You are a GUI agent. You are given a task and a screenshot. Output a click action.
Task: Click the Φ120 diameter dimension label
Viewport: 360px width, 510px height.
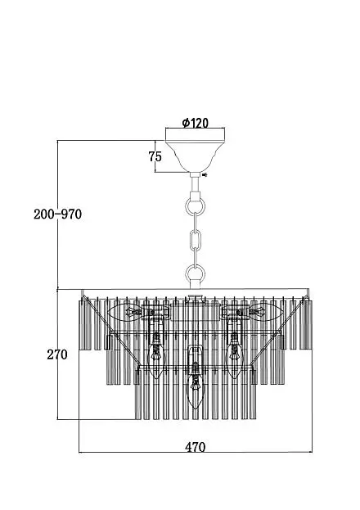pos(195,123)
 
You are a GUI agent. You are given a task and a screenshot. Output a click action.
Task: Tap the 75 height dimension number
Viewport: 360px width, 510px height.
pos(155,157)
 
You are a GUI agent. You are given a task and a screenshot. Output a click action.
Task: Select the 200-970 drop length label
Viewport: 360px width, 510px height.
pos(57,214)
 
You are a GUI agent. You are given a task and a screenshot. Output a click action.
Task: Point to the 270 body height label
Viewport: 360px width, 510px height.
pos(57,354)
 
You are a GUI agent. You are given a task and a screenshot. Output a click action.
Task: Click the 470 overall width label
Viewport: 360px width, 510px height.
pos(195,447)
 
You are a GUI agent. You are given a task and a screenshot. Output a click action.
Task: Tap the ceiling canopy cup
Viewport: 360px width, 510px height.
pos(195,156)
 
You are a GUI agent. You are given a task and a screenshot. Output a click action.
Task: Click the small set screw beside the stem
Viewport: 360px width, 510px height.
pos(205,175)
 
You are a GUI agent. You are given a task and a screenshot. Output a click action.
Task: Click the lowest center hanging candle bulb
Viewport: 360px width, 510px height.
pos(195,386)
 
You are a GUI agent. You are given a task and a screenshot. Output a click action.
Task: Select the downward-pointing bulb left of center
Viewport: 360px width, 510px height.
pos(156,355)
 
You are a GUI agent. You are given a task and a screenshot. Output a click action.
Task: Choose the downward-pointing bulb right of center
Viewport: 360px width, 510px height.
pos(234,355)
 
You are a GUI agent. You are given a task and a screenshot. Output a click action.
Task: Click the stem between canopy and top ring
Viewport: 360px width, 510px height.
pos(195,185)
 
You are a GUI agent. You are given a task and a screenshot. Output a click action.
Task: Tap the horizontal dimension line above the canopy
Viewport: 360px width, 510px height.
pos(195,129)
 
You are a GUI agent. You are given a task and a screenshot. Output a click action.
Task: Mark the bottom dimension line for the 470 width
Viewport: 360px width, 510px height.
pos(195,452)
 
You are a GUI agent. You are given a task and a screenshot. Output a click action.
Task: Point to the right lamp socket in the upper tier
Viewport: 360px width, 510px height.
pos(234,313)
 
